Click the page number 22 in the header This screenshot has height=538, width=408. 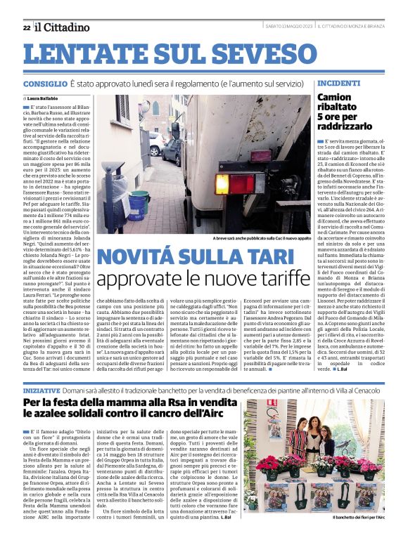pyautogui.click(x=26, y=27)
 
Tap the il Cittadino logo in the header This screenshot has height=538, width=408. pyautogui.click(x=63, y=27)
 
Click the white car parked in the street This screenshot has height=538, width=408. pyautogui.click(x=155, y=144)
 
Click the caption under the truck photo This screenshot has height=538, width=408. pyautogui.click(x=251, y=238)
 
